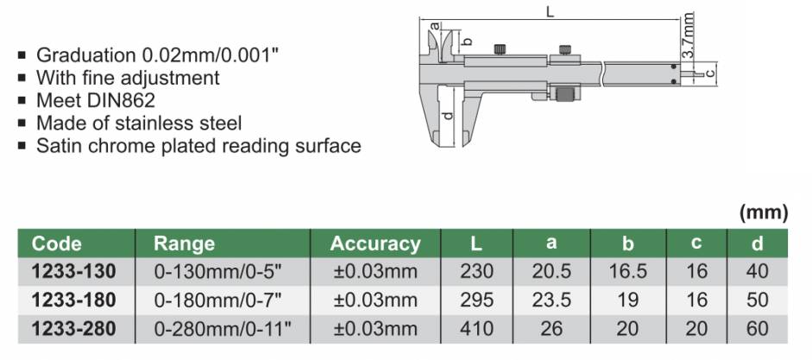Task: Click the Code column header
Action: coord(56,243)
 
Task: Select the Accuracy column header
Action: coord(375,243)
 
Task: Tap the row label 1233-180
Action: coord(74,300)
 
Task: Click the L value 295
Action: coord(476,300)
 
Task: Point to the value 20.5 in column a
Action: coord(551,271)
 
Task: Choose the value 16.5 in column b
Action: coord(627,271)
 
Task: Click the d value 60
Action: coord(758,329)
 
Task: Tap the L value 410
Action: coord(476,329)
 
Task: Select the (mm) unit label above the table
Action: coord(765,212)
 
